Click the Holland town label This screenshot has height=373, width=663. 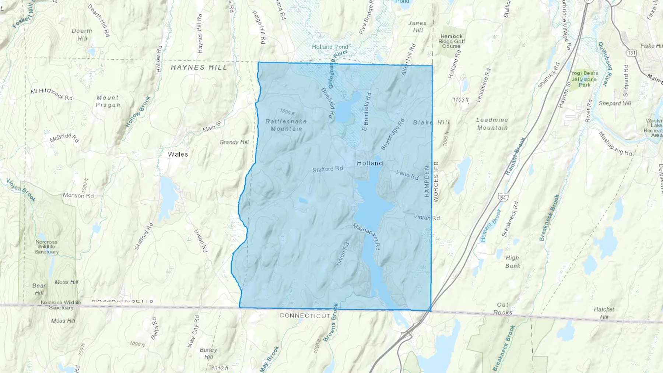tap(370, 163)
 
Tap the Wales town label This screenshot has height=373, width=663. tap(178, 154)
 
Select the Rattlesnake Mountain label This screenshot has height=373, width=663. tap(286, 125)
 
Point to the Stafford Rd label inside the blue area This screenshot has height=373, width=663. tap(327, 169)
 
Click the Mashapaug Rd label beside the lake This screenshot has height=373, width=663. tap(366, 237)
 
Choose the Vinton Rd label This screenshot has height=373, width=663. tap(427, 217)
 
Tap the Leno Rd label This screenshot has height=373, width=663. tap(407, 175)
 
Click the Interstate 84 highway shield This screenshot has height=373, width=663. tap(503, 198)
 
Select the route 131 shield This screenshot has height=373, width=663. tap(632, 53)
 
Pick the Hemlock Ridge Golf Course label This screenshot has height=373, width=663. tap(452, 41)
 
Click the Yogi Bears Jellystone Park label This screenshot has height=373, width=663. tap(585, 79)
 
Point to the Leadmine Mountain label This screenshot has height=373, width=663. tap(492, 124)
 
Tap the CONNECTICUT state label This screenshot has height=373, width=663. tap(305, 316)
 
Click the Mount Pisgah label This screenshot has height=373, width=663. tap(108, 101)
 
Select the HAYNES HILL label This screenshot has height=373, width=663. tap(199, 67)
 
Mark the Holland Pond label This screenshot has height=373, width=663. tap(330, 47)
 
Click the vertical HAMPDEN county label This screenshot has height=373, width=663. tap(427, 181)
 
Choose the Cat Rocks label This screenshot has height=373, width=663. tap(503, 309)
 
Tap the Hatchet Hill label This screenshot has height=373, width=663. tap(604, 313)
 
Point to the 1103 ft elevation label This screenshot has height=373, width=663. tap(460, 100)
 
